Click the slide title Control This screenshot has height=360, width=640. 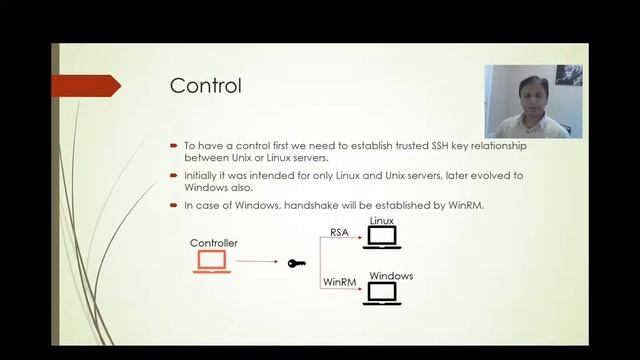pos(205,85)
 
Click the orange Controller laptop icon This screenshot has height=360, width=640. pos(211,262)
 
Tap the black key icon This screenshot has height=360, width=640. pos(296,263)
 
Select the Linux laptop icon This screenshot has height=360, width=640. pos(381,237)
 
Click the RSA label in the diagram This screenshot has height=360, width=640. pos(340,232)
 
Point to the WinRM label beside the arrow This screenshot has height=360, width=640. pos(338,283)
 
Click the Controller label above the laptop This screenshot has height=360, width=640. pos(213,243)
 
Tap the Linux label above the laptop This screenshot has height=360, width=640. pos(382,220)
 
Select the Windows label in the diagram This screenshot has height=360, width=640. pos(391,276)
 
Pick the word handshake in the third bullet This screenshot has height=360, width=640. pos(300,205)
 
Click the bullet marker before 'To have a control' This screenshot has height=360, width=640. pos(174,146)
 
